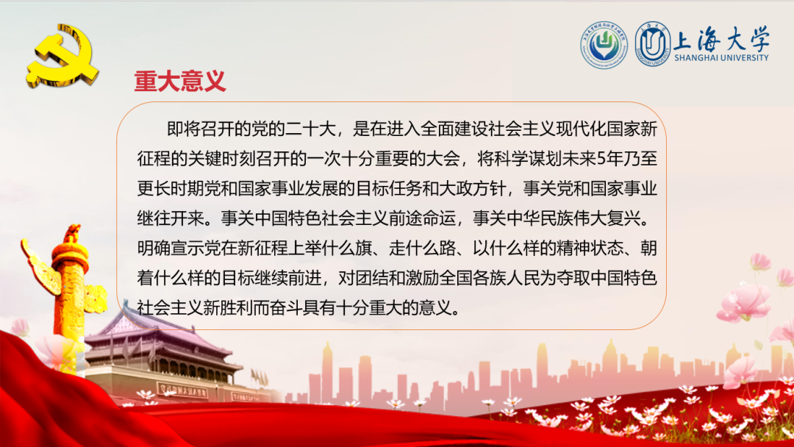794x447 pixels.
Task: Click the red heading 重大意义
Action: coord(180,81)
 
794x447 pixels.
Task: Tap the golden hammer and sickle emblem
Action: coord(62,56)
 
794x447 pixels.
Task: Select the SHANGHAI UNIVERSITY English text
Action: coord(721,57)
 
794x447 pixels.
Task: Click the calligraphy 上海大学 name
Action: coord(721,38)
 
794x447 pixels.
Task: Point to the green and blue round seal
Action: coord(604,45)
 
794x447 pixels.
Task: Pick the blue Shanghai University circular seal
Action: coord(654,44)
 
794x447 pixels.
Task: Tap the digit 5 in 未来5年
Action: coord(601,159)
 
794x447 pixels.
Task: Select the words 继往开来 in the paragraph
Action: coord(171,218)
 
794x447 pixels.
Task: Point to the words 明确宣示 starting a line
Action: coord(171,248)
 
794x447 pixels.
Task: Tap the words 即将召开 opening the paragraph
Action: coord(201,129)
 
